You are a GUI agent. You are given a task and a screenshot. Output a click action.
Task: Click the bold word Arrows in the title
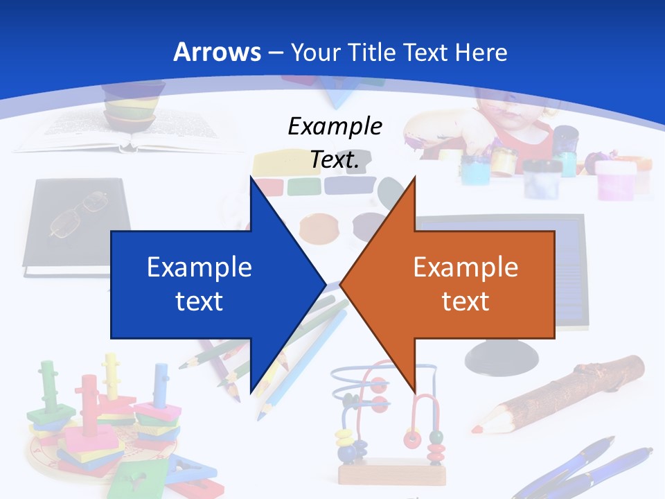pos(218,52)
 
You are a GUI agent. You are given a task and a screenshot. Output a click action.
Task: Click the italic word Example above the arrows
pos(335,127)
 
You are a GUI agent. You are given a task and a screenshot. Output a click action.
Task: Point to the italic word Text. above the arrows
pos(335,159)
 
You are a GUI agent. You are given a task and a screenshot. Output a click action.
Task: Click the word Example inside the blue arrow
pos(199,267)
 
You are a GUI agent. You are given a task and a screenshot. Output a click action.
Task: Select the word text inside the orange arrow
pos(465,301)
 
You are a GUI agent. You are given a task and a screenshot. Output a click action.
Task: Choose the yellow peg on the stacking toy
pos(111,374)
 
